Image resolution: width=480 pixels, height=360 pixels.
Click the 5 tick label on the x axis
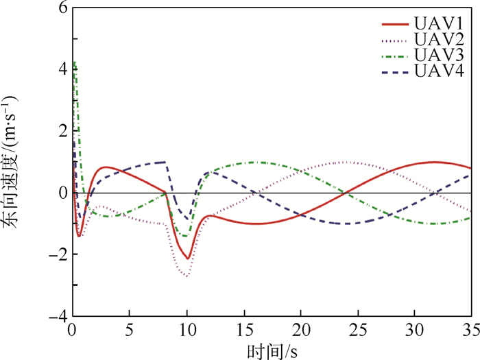[130, 330]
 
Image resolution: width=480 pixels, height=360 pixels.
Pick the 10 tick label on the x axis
[187, 330]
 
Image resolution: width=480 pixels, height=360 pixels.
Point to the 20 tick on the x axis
[300, 330]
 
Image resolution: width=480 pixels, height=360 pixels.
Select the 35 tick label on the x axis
[470, 330]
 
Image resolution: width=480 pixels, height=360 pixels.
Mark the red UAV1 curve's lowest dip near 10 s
[187, 259]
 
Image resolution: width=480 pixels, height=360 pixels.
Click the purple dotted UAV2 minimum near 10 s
[187, 276]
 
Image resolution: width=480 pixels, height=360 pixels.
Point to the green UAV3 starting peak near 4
[74, 62]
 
